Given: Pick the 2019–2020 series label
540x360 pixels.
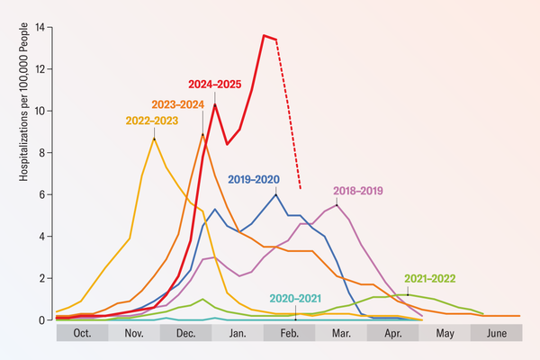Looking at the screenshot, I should coord(255,178).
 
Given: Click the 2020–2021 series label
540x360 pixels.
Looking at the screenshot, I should coord(296,298).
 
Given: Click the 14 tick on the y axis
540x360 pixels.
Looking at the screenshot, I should coord(39,27).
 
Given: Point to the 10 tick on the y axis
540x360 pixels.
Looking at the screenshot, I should coord(39,111).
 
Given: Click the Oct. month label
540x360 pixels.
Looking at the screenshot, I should coord(82,333).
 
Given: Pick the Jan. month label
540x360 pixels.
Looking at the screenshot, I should coord(238,333).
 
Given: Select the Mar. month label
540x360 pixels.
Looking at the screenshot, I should coord(341,333).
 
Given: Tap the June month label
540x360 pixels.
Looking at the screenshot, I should coord(496,333).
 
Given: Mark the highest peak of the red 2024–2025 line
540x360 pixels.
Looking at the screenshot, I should coord(264,36).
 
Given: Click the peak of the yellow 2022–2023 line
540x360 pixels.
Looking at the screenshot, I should coord(154,139).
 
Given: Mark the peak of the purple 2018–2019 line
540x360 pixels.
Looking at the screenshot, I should coord(337,205).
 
